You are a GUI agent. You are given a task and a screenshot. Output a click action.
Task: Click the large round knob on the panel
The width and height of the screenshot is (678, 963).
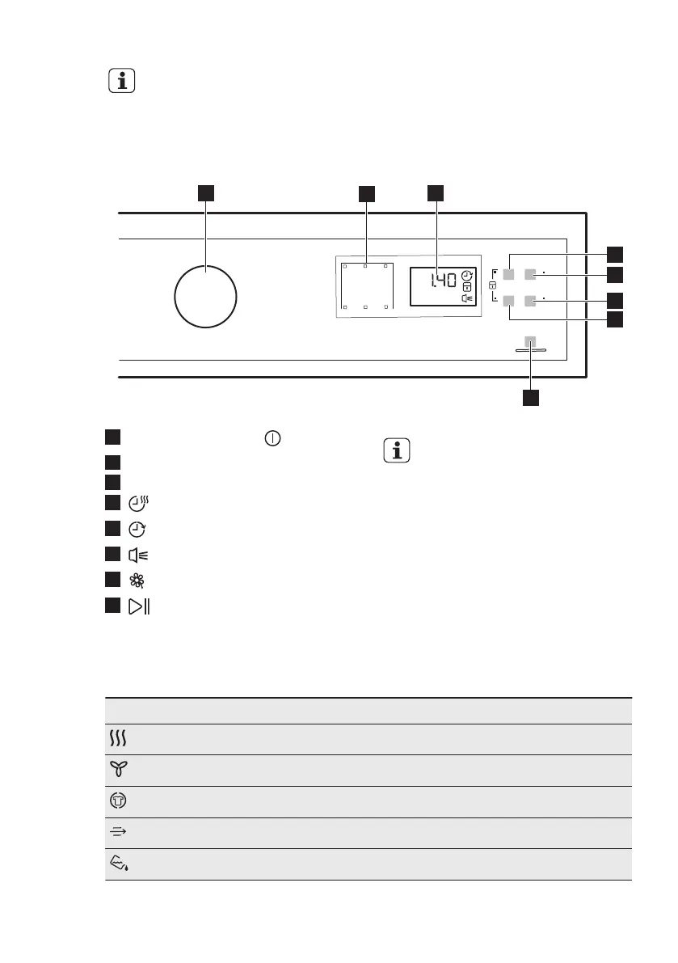[x=205, y=295]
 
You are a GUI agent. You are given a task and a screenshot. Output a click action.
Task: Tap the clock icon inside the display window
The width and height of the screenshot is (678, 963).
[x=468, y=277]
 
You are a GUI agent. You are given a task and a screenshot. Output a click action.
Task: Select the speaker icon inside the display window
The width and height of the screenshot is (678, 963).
[x=467, y=298]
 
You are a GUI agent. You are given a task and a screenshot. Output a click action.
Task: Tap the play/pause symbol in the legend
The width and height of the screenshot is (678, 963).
[x=138, y=606]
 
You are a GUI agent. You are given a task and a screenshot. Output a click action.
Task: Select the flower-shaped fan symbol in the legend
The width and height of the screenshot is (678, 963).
[x=137, y=581]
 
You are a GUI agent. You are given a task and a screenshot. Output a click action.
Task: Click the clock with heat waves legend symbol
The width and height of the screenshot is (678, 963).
[x=137, y=504]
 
